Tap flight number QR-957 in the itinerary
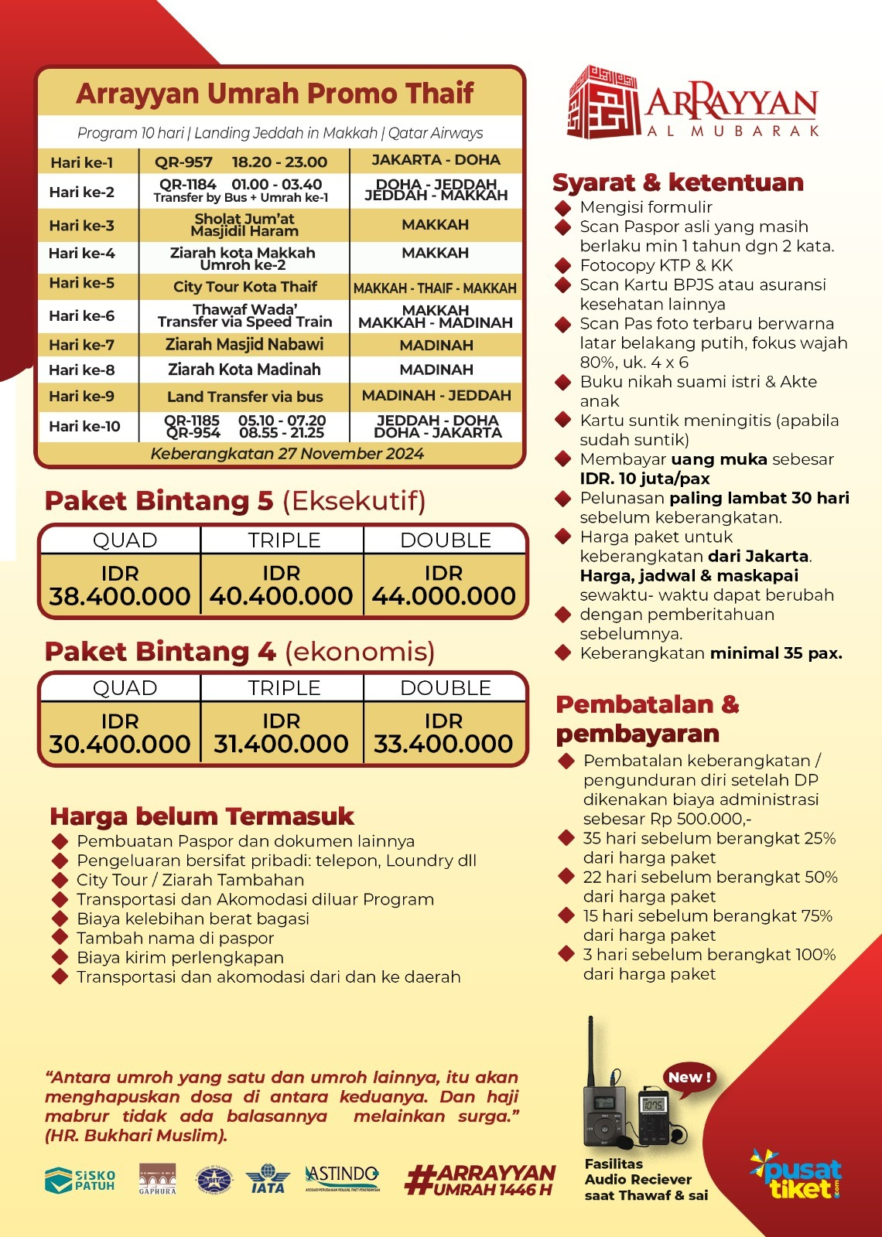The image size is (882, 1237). pyautogui.click(x=183, y=162)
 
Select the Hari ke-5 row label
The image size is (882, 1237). pyautogui.click(x=81, y=283)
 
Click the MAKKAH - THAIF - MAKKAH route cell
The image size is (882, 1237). pyautogui.click(x=435, y=288)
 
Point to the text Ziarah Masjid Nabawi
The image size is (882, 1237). pyautogui.click(x=244, y=345)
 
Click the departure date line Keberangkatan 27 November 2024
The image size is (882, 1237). pyautogui.click(x=287, y=454)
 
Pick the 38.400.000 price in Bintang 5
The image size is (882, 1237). pyautogui.click(x=120, y=596)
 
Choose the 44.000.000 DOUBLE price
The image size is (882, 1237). pyautogui.click(x=443, y=596)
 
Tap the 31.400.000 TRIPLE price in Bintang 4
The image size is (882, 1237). pyautogui.click(x=281, y=744)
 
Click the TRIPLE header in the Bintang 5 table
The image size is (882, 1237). pyautogui.click(x=284, y=540)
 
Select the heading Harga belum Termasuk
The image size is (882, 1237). pyautogui.click(x=201, y=816)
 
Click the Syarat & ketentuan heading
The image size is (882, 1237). pyautogui.click(x=678, y=182)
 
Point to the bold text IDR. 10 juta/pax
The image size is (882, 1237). pyautogui.click(x=644, y=479)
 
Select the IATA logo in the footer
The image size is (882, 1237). pyautogui.click(x=267, y=1180)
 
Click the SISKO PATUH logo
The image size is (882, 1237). pyautogui.click(x=80, y=1180)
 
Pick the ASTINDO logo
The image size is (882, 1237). pyautogui.click(x=343, y=1177)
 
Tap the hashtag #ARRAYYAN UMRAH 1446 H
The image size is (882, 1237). pyautogui.click(x=480, y=1180)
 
